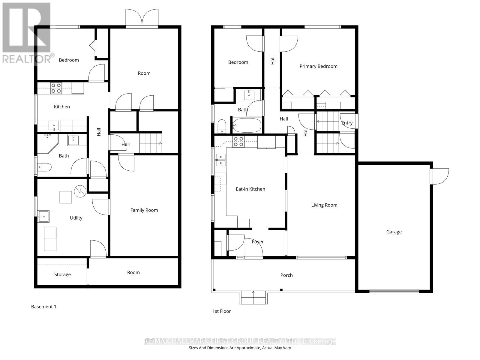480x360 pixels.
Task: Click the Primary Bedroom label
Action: [x=318, y=66]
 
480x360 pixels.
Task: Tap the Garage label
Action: [x=394, y=232]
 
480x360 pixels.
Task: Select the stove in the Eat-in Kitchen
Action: [x=239, y=142]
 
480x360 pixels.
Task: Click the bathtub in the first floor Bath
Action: [x=247, y=125]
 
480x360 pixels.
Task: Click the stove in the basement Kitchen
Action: [x=56, y=88]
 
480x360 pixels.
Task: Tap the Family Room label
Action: [x=144, y=210]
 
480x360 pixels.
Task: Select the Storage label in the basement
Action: [x=62, y=274]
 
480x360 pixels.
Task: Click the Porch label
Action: [x=286, y=275]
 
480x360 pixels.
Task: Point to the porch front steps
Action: [x=253, y=298]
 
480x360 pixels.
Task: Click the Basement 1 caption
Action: [x=44, y=307]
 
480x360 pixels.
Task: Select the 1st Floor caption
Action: [x=221, y=311]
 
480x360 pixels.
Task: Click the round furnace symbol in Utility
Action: [x=80, y=191]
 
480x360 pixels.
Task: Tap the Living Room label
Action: [x=324, y=205]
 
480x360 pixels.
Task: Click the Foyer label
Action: [x=258, y=242]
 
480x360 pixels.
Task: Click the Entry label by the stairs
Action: [x=347, y=123]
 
